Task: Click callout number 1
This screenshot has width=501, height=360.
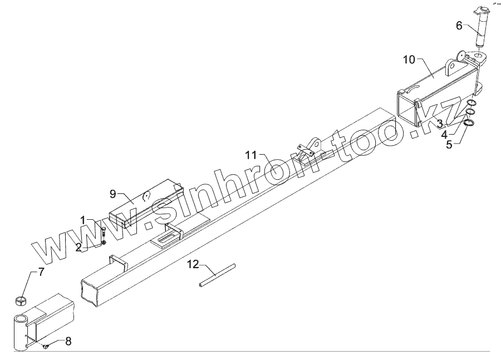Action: pos(83,220)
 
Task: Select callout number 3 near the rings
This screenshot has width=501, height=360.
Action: pos(440,122)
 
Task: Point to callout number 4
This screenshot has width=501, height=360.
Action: pos(445,134)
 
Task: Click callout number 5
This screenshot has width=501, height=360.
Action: pos(448,146)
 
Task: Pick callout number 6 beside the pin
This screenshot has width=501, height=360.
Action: pos(459,25)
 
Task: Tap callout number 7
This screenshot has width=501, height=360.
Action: pos(41,273)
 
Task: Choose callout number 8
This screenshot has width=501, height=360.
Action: pos(68,341)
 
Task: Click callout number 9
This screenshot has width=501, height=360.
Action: pos(112,194)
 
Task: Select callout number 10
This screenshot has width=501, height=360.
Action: pos(410,60)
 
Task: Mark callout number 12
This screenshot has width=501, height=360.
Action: pos(193,265)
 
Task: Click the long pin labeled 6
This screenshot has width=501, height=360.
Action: pos(482,31)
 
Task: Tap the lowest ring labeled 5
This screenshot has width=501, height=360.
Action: pos(469,122)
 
